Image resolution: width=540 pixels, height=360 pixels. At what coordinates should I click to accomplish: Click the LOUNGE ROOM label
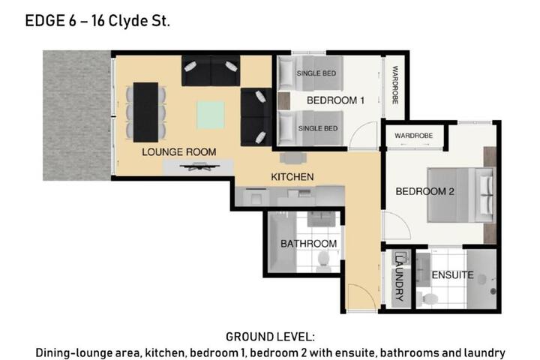click(x=179, y=152)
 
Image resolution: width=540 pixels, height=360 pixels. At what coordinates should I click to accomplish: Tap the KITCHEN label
click(x=292, y=177)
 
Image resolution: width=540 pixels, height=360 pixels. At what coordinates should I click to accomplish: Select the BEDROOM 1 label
click(x=335, y=100)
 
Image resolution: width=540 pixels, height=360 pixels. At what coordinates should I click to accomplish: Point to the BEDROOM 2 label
click(x=424, y=191)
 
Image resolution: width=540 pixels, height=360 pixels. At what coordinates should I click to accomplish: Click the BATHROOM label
click(x=308, y=244)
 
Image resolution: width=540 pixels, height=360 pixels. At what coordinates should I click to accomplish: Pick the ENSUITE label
click(x=452, y=275)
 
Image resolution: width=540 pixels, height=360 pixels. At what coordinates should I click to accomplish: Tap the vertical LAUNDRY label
click(x=399, y=277)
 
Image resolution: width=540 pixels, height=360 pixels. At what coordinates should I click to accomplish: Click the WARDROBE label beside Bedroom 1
click(x=395, y=85)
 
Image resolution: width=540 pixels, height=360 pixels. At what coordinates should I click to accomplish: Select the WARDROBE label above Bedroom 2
click(x=413, y=136)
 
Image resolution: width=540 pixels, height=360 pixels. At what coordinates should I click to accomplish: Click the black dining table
click(x=145, y=112)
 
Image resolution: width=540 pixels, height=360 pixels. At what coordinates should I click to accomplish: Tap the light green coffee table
click(x=211, y=115)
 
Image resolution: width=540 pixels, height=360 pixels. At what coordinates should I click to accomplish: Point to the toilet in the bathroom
click(x=323, y=259)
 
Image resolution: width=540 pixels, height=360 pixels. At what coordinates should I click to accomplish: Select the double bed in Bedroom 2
click(x=460, y=195)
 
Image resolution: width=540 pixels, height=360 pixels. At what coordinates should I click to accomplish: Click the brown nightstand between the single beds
click(x=283, y=101)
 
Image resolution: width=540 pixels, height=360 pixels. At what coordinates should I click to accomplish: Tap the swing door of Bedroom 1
click(x=363, y=136)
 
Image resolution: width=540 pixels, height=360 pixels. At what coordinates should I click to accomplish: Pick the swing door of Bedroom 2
click(x=396, y=225)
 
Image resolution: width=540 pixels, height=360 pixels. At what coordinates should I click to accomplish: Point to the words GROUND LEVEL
click(x=270, y=337)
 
